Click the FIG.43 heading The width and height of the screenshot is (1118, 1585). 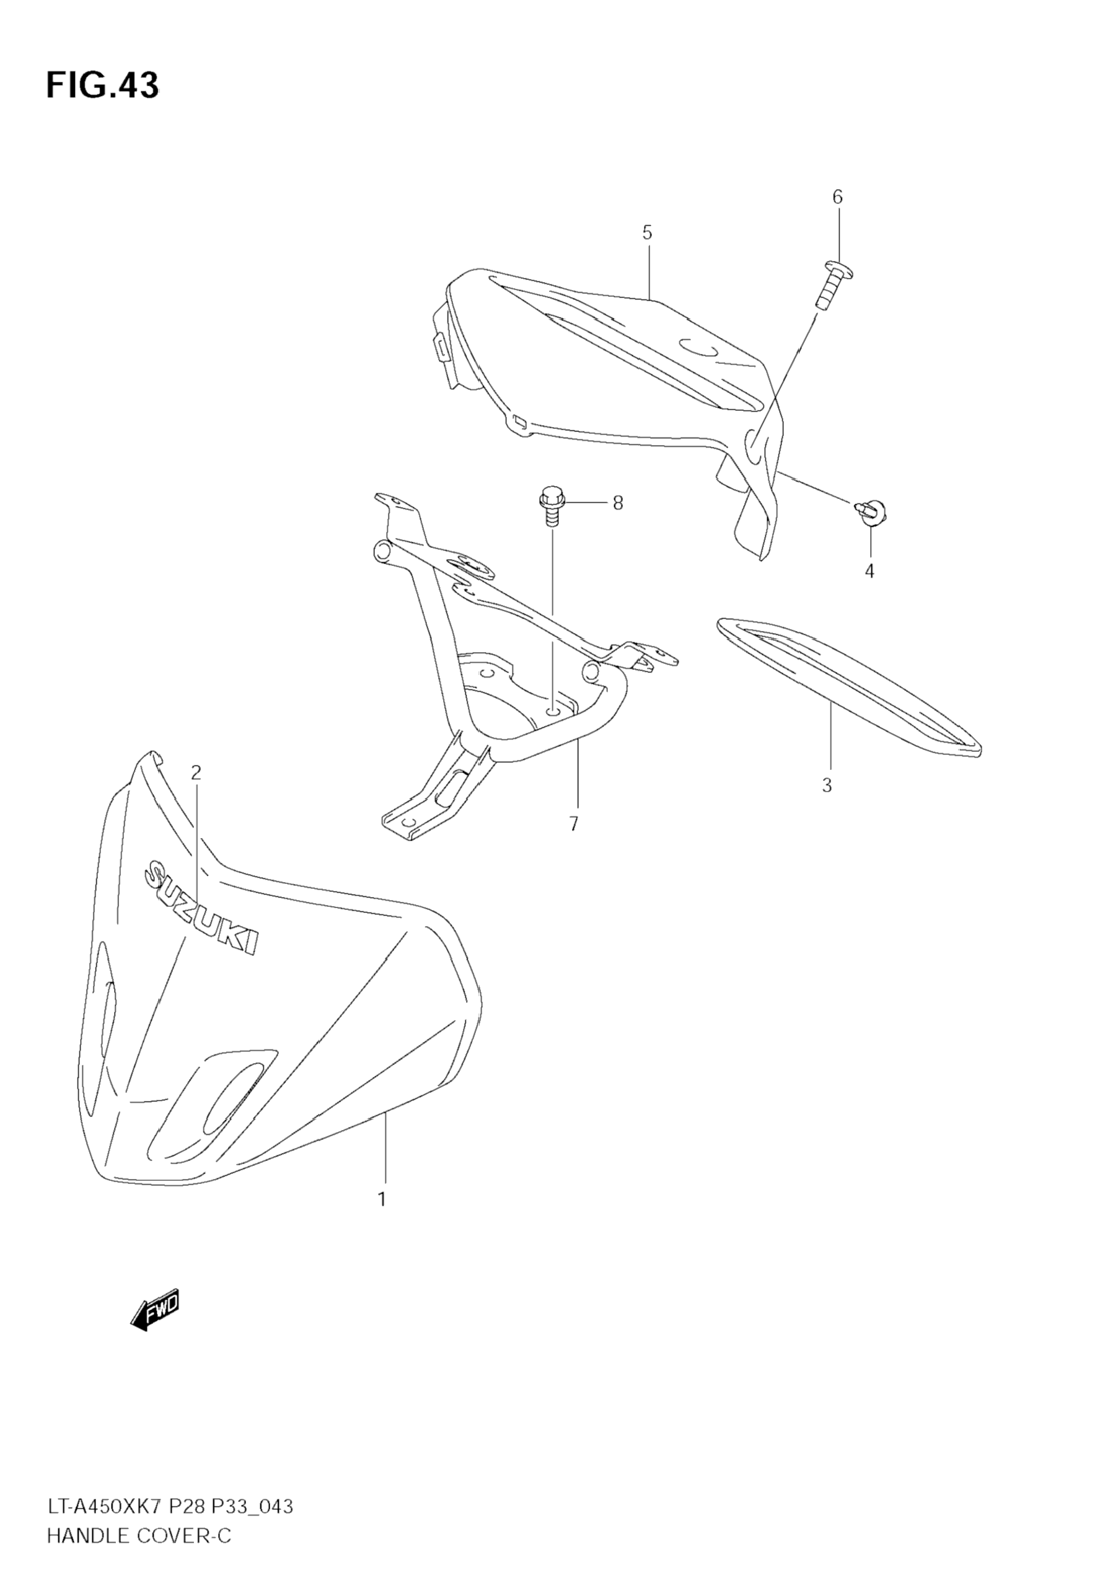[x=102, y=86]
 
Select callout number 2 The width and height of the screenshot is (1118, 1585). [x=196, y=772]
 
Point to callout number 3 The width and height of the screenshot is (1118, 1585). [x=827, y=785]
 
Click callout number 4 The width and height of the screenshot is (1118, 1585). [x=869, y=571]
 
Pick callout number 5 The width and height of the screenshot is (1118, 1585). [x=646, y=232]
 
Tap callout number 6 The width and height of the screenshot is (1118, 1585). [x=837, y=198]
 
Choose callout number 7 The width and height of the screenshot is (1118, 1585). [x=573, y=824]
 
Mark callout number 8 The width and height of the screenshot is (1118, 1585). [x=618, y=503]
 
